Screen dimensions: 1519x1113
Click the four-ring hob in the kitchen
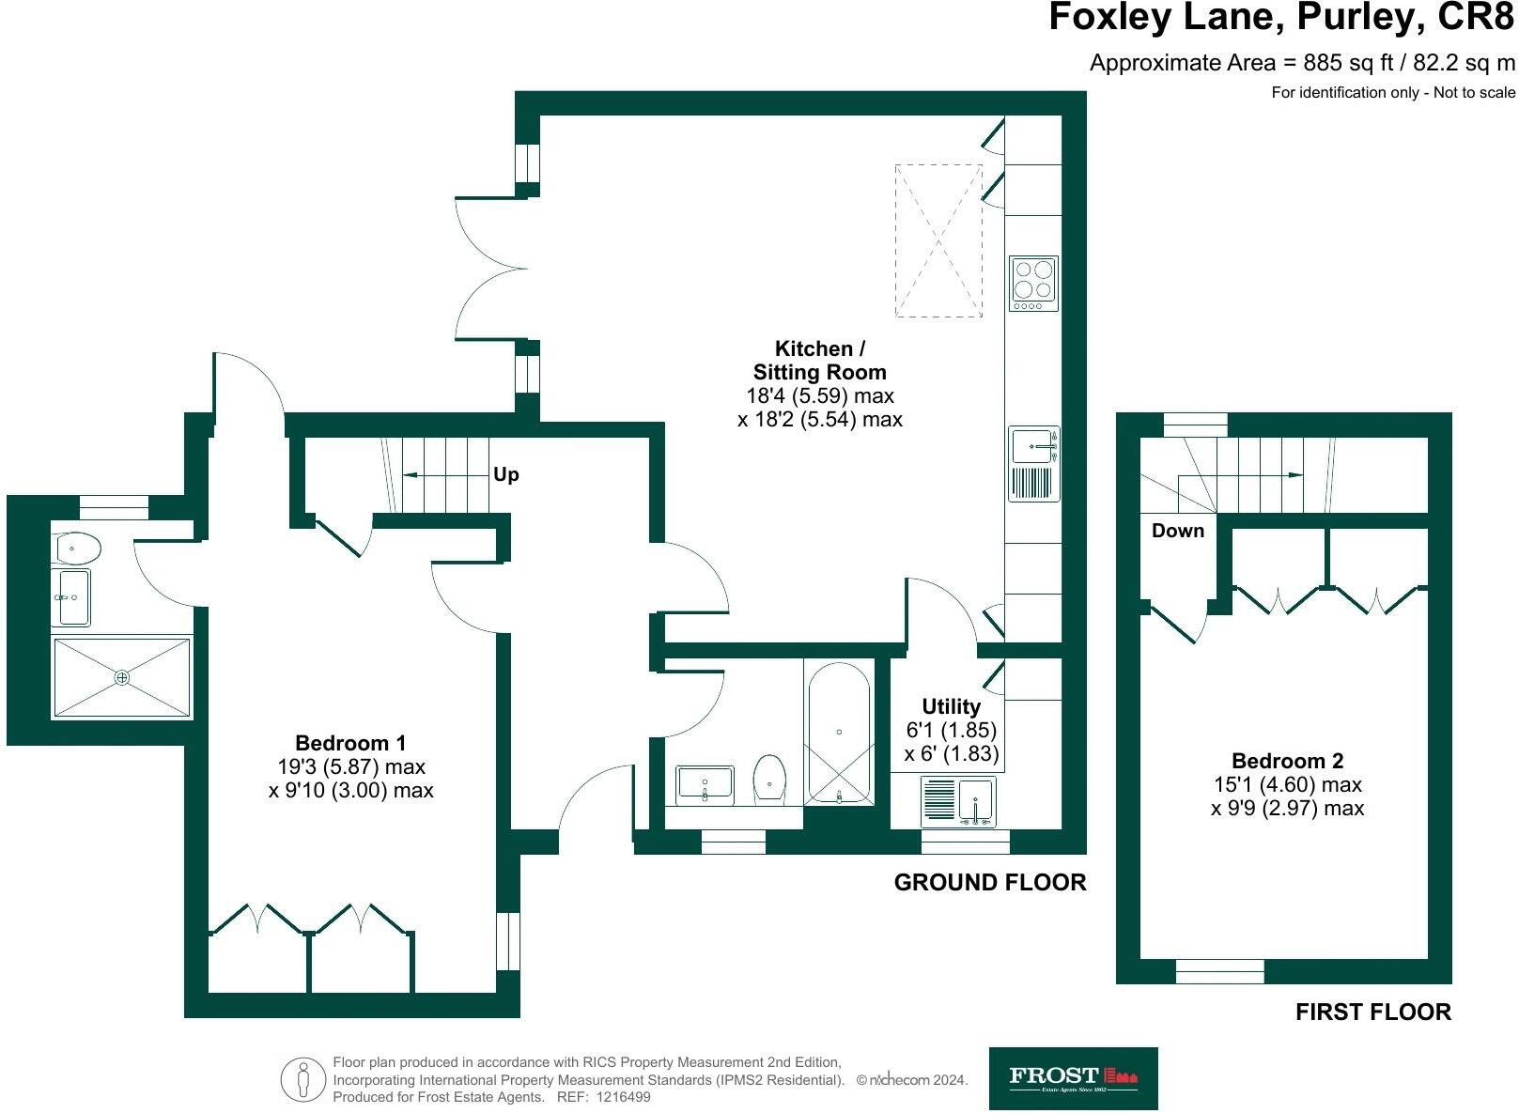pyautogui.click(x=1033, y=284)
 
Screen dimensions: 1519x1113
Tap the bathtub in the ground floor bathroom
pyautogui.click(x=839, y=733)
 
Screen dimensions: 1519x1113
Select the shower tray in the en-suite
pyautogui.click(x=122, y=677)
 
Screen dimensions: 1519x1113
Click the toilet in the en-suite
pyautogui.click(x=78, y=549)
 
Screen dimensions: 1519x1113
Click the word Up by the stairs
pyautogui.click(x=506, y=474)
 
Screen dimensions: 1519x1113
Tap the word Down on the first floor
pyautogui.click(x=1178, y=530)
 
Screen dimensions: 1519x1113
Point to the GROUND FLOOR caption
pyautogui.click(x=990, y=882)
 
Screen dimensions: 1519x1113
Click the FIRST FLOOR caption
pyautogui.click(x=1373, y=1012)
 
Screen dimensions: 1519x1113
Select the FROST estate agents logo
pyautogui.click(x=1073, y=1077)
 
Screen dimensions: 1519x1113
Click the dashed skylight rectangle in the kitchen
pyautogui.click(x=938, y=240)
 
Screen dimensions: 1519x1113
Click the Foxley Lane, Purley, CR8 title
pyautogui.click(x=1281, y=18)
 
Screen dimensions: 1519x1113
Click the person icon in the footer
pyautogui.click(x=303, y=1079)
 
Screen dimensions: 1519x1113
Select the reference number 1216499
pyautogui.click(x=623, y=1097)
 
